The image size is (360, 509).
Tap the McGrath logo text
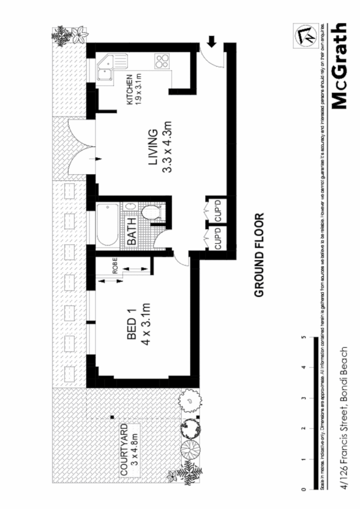[339, 66]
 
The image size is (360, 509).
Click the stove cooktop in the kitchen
[162, 62]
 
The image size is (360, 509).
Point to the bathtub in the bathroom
[107, 224]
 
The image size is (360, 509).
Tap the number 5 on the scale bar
[303, 337]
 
